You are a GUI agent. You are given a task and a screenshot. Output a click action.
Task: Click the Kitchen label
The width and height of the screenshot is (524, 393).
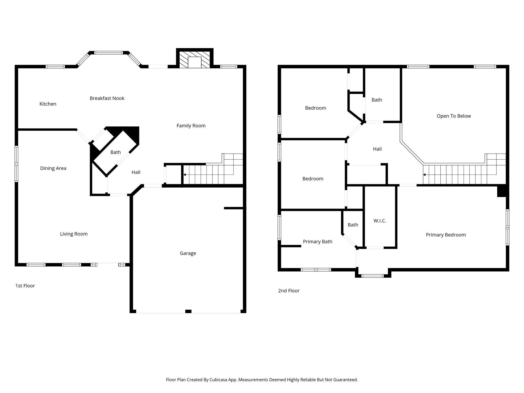(x=48, y=104)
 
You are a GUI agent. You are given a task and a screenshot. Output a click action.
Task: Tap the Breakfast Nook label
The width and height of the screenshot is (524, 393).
(x=107, y=98)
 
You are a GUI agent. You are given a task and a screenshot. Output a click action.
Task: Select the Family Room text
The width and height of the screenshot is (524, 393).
(x=191, y=126)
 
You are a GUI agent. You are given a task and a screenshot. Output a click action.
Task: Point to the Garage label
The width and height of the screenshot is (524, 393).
(x=188, y=253)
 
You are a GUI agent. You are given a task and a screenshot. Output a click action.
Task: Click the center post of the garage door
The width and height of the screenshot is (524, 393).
(x=188, y=311)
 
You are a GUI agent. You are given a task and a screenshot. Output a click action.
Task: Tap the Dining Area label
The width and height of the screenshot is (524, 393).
(x=53, y=168)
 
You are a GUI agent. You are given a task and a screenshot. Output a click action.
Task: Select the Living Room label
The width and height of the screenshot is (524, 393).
(x=74, y=234)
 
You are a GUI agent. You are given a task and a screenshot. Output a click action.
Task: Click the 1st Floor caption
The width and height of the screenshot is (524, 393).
(x=25, y=286)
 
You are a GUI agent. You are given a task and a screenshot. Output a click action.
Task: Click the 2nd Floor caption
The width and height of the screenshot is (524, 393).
(x=289, y=291)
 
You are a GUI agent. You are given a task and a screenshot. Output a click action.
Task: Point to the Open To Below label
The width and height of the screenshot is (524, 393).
(x=454, y=116)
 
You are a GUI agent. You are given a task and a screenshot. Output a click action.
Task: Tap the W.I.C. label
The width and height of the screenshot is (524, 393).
(x=380, y=221)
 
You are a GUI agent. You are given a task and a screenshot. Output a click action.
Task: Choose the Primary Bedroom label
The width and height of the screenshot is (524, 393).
(x=446, y=235)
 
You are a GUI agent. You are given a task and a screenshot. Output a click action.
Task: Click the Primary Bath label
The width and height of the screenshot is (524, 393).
(x=318, y=242)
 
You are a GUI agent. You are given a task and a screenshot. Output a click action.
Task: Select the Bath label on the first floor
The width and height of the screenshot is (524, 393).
(x=115, y=152)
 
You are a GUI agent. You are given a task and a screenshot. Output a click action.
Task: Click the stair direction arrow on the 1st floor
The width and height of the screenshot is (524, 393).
(x=185, y=175)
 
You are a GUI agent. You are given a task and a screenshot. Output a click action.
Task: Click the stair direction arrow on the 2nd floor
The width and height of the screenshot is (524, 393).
(x=424, y=175)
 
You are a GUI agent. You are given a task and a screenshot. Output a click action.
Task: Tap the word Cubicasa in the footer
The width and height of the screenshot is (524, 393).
(x=219, y=380)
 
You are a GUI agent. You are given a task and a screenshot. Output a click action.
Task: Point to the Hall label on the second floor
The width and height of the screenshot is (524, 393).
(x=377, y=149)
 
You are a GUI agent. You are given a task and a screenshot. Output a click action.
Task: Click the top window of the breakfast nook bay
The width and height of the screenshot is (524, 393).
(x=108, y=53)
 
